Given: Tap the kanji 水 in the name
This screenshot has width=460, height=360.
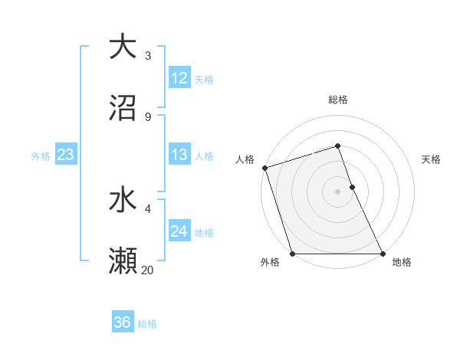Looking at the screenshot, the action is (x=123, y=200).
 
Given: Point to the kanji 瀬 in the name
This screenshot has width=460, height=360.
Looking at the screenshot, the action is (x=123, y=261).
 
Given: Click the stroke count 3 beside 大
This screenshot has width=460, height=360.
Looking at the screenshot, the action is (x=148, y=55).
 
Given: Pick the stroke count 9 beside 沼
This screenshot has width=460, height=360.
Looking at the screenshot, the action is (x=148, y=116).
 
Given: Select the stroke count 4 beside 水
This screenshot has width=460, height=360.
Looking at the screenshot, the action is (x=148, y=208).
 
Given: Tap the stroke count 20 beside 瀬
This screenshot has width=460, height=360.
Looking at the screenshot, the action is (x=148, y=270).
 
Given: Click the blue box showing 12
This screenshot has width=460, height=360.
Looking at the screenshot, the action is (x=179, y=78).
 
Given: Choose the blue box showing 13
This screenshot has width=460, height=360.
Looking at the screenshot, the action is (x=179, y=155).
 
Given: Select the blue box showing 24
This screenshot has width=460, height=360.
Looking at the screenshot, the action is (x=179, y=231).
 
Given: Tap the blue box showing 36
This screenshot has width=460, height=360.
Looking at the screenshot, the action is (x=123, y=322).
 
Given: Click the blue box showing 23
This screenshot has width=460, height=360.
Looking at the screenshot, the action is (x=66, y=155).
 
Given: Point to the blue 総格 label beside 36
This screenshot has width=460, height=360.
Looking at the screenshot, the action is (x=147, y=324).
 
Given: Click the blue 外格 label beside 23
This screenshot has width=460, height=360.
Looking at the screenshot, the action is (x=41, y=156).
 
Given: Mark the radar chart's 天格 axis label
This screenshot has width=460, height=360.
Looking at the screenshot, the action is (x=432, y=159).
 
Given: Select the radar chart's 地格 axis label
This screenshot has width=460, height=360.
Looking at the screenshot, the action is (x=402, y=263).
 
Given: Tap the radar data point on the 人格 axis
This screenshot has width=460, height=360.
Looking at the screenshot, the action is (x=264, y=168).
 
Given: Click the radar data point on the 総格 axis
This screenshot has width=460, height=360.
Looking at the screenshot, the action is (x=338, y=146).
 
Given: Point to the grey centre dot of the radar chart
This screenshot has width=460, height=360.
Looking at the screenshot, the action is (x=338, y=191).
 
